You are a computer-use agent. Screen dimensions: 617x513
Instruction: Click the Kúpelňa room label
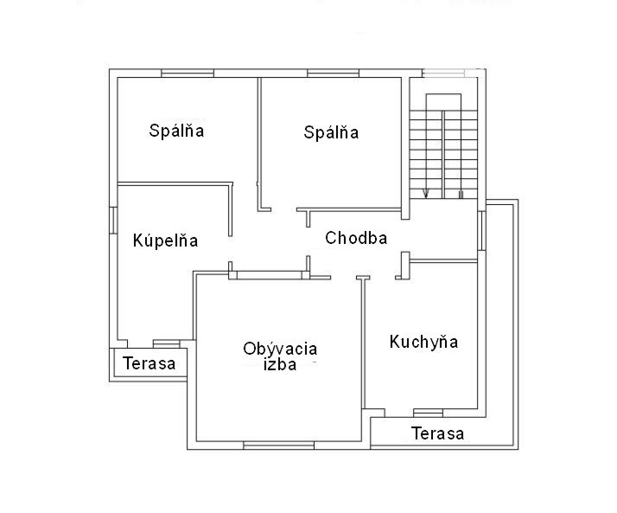165,240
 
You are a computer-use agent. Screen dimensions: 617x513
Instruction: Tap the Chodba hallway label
356,238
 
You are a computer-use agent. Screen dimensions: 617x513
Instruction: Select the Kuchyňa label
423,342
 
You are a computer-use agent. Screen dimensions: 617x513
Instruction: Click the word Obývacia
280,349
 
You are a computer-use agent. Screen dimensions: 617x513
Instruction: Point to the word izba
280,365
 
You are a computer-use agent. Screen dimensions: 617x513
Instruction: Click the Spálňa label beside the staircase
331,132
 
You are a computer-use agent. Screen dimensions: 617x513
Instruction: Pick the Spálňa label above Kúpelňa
176,131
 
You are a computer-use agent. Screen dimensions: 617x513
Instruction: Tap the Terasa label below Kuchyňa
437,433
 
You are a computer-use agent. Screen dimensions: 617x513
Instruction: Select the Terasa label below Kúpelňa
149,363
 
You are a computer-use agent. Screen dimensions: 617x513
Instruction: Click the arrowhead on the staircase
425,193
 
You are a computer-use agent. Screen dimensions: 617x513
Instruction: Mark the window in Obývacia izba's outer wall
278,446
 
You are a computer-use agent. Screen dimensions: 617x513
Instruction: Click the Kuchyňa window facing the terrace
428,413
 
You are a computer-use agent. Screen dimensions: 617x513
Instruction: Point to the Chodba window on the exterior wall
481,230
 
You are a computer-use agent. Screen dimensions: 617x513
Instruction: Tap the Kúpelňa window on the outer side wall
113,220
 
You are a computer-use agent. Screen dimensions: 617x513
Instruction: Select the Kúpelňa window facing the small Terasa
166,343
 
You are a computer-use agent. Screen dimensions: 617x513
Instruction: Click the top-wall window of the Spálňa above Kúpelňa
188,74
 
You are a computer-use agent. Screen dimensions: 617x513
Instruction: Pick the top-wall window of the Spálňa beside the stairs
333,74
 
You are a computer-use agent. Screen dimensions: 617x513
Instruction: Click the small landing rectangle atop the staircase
443,102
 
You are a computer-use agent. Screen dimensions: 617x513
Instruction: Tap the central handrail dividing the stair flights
443,155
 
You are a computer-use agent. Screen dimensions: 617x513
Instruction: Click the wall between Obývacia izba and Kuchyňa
364,343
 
